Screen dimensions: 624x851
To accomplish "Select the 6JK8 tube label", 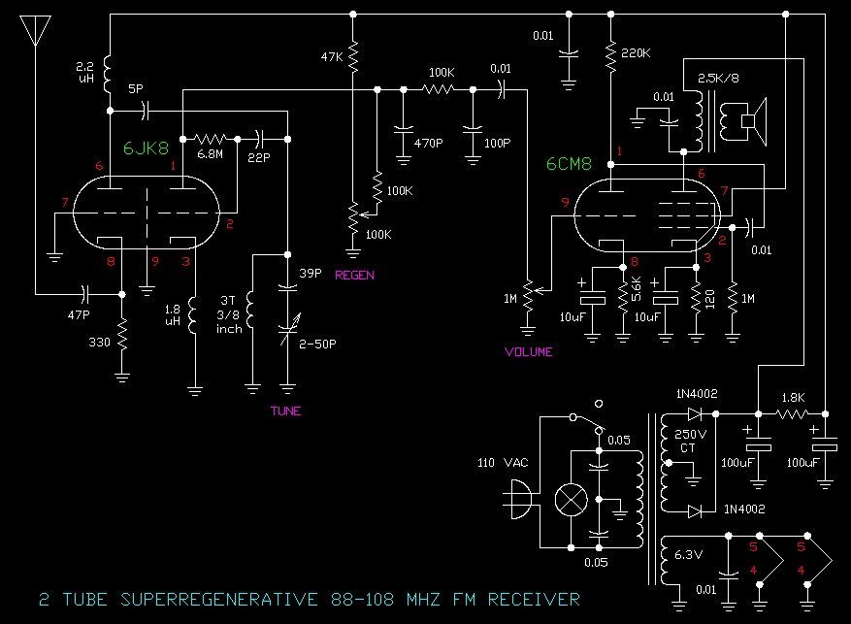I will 145,149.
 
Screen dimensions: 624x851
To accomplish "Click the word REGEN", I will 354,275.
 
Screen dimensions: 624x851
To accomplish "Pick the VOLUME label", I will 529,351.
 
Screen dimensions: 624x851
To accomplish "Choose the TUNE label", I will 285,411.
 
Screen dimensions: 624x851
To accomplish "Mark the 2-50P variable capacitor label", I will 321,342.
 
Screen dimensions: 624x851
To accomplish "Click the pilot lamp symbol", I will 569,502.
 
